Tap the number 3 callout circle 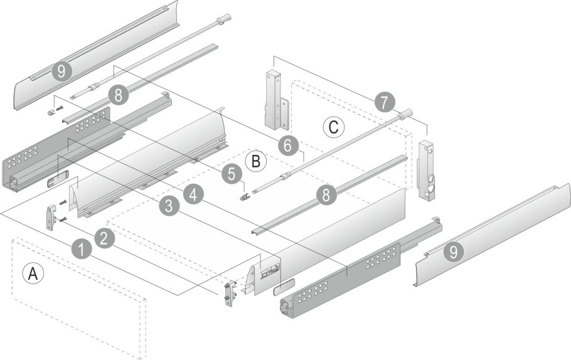coord(168,206)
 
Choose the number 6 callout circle coord(287,145)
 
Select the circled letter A coord(32,273)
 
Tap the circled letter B coord(255,161)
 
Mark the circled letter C coord(334,127)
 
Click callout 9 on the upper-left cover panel coord(60,71)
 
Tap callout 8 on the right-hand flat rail coord(325,194)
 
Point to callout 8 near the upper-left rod coord(117,95)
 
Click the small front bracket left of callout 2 coord(51,217)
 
